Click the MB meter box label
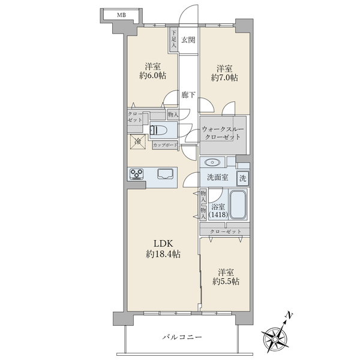[x=121, y=16]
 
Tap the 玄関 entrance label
[x=188, y=40]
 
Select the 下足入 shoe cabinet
[x=174, y=40]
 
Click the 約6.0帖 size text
[x=152, y=76]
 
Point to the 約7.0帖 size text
[x=224, y=77]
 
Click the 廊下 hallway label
[x=188, y=95]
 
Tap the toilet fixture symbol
[x=158, y=131]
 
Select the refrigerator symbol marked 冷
[x=138, y=142]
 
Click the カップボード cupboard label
[x=166, y=145]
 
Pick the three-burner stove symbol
[x=137, y=174]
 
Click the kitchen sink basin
[x=166, y=174]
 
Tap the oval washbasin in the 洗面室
[x=212, y=163]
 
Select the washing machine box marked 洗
[x=242, y=178]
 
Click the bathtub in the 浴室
[x=238, y=205]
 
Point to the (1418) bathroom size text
[x=218, y=215]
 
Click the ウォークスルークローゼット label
[x=223, y=133]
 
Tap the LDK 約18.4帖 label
[x=163, y=248]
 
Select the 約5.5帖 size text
[x=226, y=281]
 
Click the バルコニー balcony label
[x=182, y=337]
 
